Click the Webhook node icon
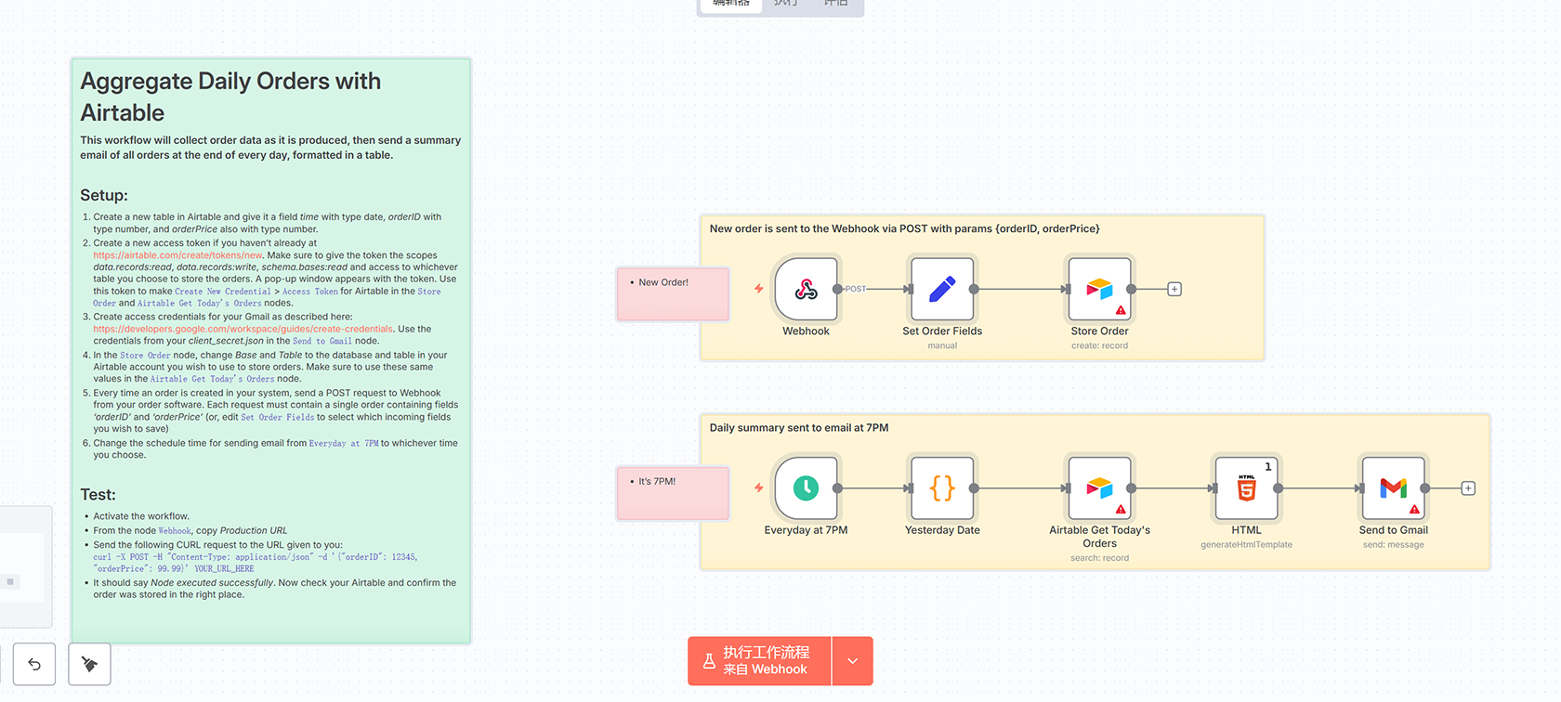[x=806, y=290]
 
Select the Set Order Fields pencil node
[x=942, y=290]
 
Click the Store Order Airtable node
[x=1099, y=290]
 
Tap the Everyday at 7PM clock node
[x=806, y=488]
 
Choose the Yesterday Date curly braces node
[x=942, y=488]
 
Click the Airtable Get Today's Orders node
[x=1099, y=488]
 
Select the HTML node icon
[x=1246, y=488]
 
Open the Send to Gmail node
[x=1393, y=488]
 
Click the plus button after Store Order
[x=1174, y=290]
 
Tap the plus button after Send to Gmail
[x=1468, y=488]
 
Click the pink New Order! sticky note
[x=673, y=294]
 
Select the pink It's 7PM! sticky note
[x=673, y=493]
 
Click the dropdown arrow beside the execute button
[x=853, y=661]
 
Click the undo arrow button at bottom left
[x=34, y=664]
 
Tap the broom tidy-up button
[x=89, y=664]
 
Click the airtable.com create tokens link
[x=177, y=255]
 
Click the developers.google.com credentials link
[x=243, y=329]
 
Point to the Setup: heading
[x=104, y=195]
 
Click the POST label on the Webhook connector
[x=855, y=290]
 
